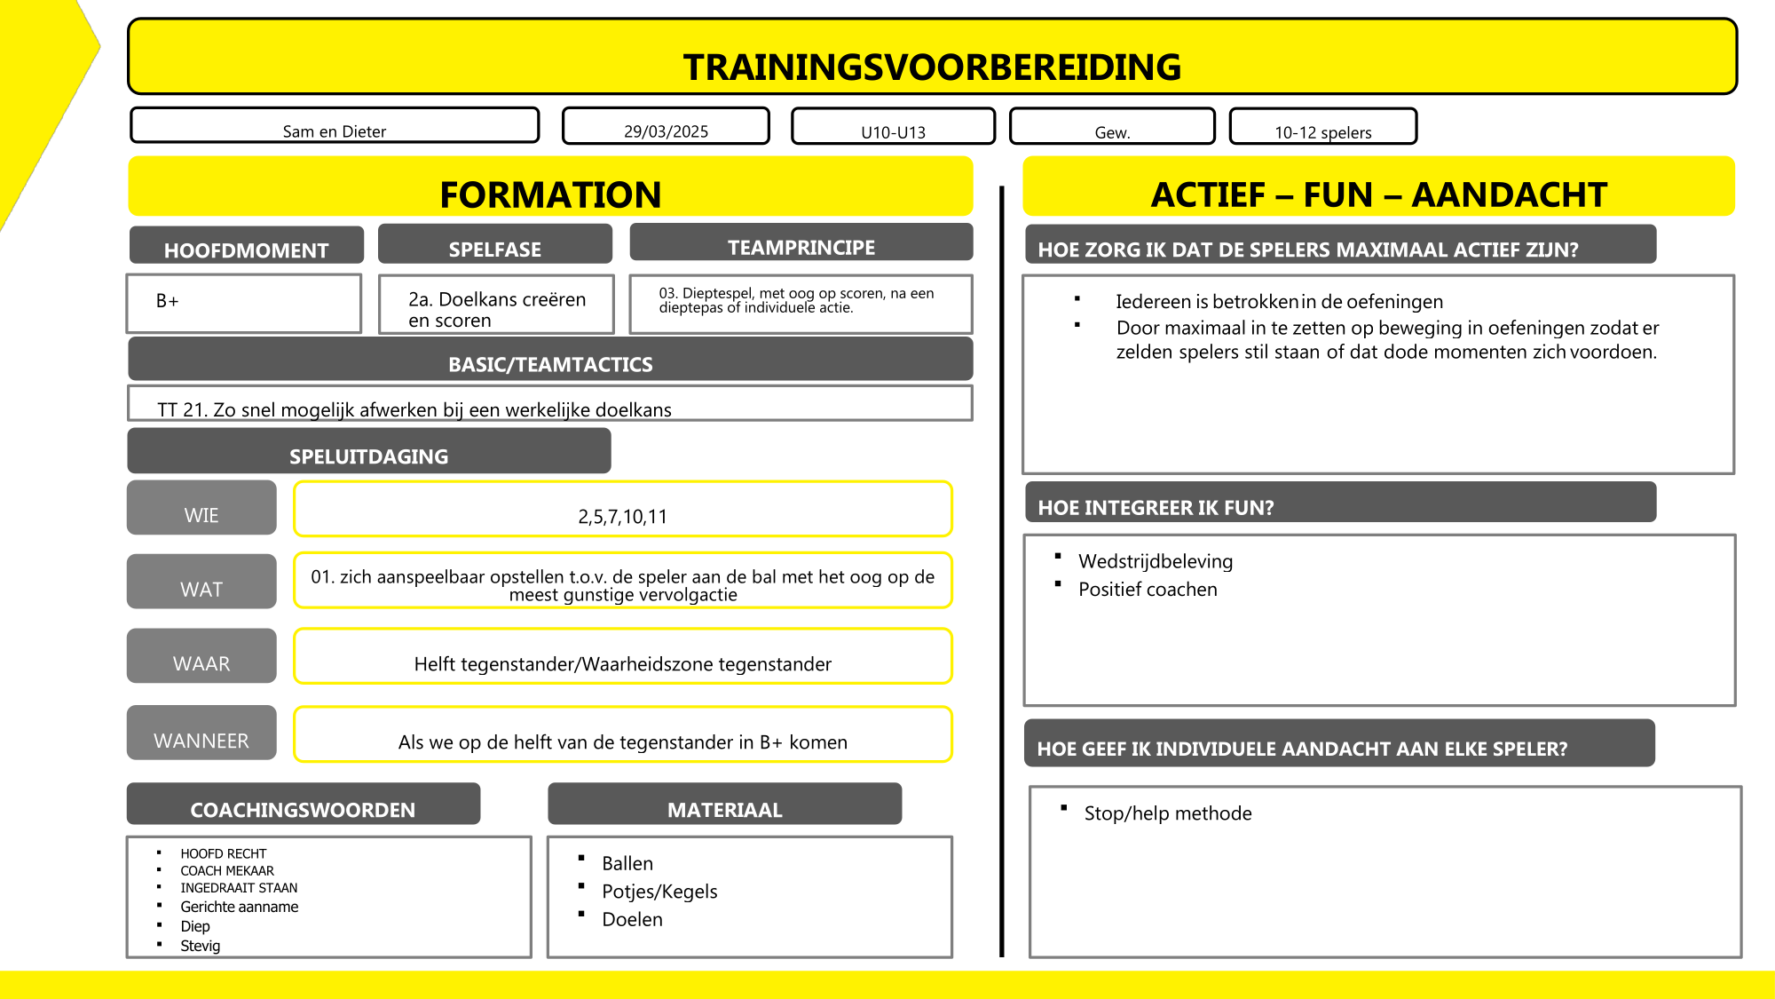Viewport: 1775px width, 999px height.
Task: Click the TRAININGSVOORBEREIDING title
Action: point(932,67)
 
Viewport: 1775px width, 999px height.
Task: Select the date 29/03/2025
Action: point(666,131)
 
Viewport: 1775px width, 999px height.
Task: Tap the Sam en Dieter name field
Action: point(335,131)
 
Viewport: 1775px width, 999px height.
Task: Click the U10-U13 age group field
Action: point(893,132)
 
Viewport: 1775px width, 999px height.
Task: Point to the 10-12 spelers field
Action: point(1322,132)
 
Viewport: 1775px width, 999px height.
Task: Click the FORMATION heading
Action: point(550,194)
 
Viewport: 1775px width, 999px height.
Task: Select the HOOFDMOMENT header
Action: point(246,250)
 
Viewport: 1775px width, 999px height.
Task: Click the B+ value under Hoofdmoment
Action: point(168,301)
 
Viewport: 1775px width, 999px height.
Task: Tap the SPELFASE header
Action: point(494,249)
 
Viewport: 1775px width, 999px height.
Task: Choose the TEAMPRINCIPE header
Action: point(801,247)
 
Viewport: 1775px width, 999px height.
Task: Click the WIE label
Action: point(201,514)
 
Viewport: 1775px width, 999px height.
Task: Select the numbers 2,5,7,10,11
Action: point(622,516)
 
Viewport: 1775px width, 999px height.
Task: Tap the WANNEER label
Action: point(201,740)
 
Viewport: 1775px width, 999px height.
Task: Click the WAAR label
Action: point(201,662)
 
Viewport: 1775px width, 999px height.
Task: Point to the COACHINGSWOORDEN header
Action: point(303,809)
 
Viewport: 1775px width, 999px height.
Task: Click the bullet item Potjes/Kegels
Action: point(659,891)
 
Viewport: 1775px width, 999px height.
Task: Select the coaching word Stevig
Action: point(200,946)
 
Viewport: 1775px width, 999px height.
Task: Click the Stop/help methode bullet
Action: point(1167,813)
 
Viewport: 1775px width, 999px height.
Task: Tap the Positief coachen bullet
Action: point(1148,589)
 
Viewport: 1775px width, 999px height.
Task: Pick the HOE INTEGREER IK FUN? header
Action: point(1156,507)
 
